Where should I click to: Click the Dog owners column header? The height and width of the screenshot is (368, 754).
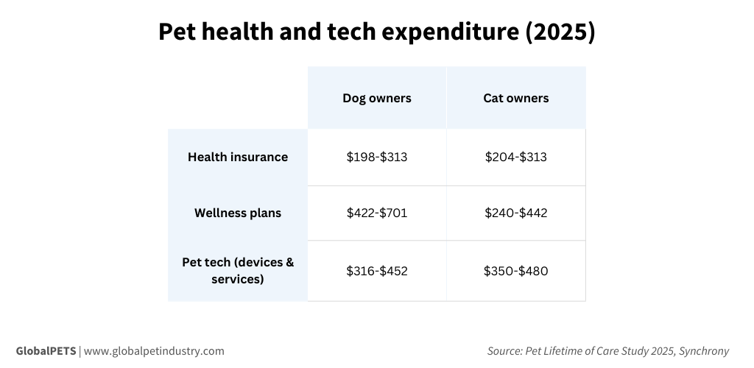(376, 98)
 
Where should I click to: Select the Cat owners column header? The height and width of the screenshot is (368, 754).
(515, 98)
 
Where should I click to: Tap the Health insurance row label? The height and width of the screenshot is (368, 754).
(238, 157)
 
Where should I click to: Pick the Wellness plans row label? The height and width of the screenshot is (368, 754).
(238, 213)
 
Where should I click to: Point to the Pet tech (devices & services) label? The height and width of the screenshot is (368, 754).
(238, 270)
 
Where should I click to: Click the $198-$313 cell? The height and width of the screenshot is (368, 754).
(376, 157)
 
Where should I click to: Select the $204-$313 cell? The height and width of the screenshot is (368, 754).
(515, 157)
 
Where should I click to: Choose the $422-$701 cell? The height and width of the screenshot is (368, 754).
(376, 213)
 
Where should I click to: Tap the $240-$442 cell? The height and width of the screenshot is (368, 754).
(515, 213)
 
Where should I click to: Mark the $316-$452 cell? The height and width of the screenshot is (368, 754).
(376, 271)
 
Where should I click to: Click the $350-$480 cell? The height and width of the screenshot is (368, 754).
(515, 271)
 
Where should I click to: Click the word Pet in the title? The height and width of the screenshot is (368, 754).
(177, 33)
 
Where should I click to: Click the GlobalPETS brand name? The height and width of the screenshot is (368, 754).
(46, 351)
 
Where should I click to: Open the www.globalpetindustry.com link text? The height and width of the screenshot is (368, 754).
(154, 351)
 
